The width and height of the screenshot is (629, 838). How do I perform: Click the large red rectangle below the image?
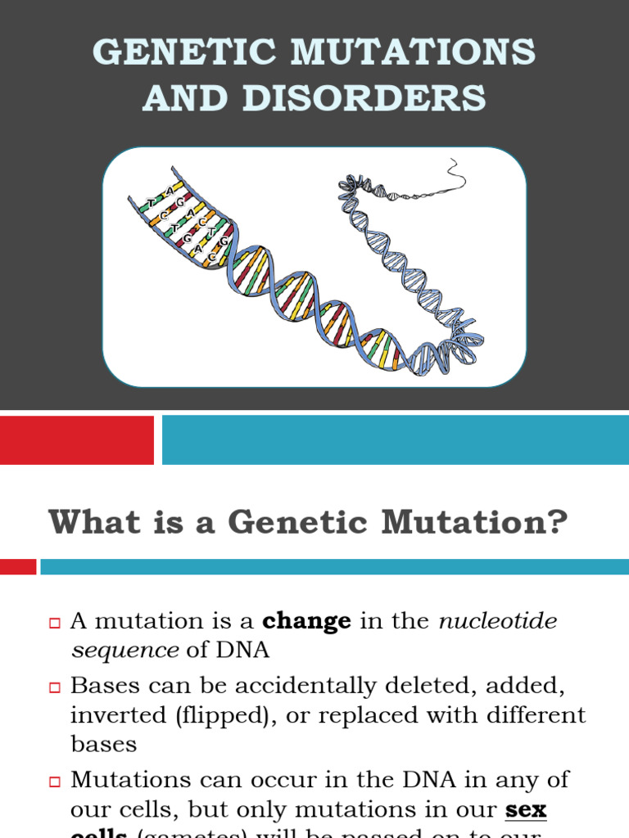click(x=76, y=440)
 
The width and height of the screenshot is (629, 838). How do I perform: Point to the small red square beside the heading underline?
click(x=17, y=566)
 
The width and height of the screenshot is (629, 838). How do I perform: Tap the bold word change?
click(x=306, y=621)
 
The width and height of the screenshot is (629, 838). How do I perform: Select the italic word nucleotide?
click(x=498, y=621)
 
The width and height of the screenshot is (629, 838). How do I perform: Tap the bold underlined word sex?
click(x=526, y=810)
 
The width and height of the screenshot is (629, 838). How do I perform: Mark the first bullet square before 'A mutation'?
click(x=56, y=624)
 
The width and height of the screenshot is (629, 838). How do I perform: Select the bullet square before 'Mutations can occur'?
click(x=56, y=782)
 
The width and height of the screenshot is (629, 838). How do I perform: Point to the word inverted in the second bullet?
click(x=117, y=714)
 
